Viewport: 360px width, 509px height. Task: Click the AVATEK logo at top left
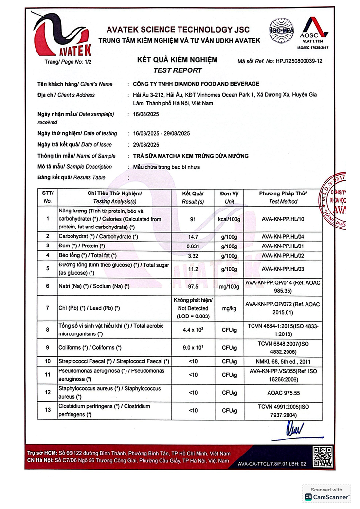click(x=61, y=36)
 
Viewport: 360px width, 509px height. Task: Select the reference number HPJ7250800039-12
click(x=299, y=62)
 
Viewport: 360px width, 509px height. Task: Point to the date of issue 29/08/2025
click(x=146, y=145)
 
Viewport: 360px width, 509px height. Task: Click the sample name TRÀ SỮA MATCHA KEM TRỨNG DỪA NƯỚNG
click(x=191, y=156)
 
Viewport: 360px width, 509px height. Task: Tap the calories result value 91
click(x=193, y=219)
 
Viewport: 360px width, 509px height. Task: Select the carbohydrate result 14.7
click(x=193, y=237)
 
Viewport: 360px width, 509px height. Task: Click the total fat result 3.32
click(x=193, y=255)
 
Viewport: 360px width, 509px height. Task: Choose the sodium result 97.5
click(x=193, y=287)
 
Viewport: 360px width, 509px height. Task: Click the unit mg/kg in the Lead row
click(x=229, y=308)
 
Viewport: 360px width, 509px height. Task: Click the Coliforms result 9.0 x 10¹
click(x=193, y=348)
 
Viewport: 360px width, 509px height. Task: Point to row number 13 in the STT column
click(x=47, y=410)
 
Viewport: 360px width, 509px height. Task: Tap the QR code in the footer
click(x=322, y=456)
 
